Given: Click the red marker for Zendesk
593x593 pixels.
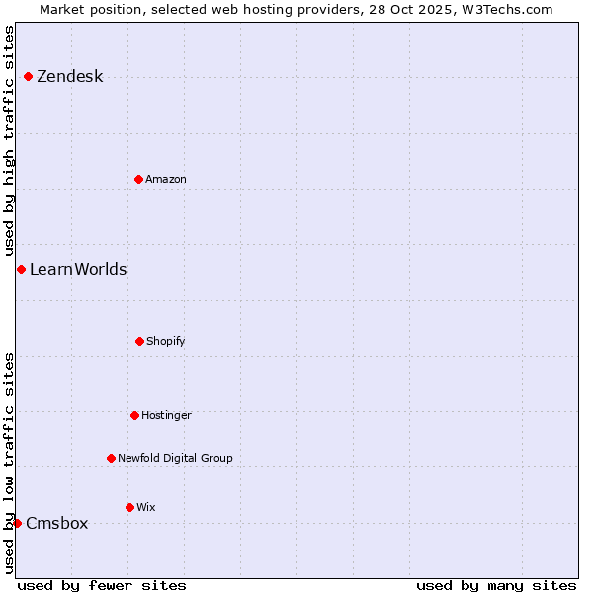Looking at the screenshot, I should tap(28, 76).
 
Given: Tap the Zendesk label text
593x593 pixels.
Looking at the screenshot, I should tap(69, 77).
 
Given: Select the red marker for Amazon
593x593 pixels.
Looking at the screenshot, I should tap(138, 179).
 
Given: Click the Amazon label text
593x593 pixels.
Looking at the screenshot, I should tap(165, 179).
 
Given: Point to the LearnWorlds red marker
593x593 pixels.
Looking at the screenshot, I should tap(21, 269).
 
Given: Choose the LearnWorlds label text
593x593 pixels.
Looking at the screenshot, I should tap(78, 269).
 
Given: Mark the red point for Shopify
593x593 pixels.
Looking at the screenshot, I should tap(139, 341).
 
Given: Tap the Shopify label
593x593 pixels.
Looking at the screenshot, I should tap(165, 341).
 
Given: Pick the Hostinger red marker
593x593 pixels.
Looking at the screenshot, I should tap(134, 415).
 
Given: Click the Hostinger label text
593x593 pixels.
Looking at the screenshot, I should tap(166, 415).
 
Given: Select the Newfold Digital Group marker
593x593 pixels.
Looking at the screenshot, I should tap(111, 458).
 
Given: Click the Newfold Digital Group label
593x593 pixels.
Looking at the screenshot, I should tap(175, 458).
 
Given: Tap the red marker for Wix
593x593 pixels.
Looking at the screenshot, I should tap(129, 507).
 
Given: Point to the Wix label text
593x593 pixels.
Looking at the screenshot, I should tap(145, 507).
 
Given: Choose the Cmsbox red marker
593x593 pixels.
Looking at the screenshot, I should tap(17, 523).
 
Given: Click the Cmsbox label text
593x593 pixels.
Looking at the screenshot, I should tap(56, 524).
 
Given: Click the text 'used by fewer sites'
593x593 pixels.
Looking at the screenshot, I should tap(101, 585).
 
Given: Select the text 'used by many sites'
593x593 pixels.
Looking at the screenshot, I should tap(496, 585).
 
